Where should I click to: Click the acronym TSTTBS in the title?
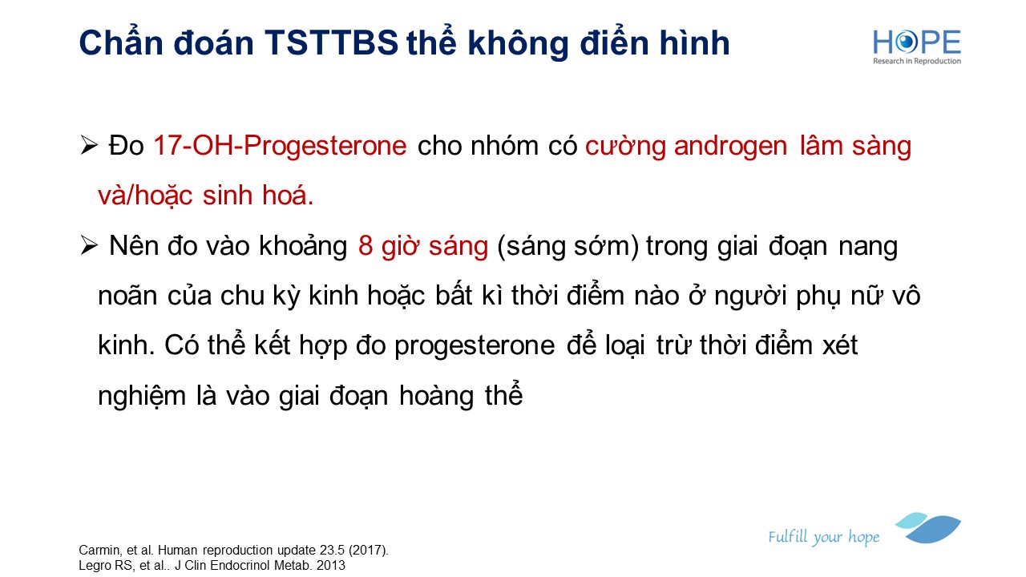pos(331,43)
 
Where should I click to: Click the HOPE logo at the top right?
pos(917,46)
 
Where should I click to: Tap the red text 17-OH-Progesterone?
pos(280,146)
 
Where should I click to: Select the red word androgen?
pos(730,147)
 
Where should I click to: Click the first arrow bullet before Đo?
pos(89,146)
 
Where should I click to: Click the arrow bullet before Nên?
pos(89,245)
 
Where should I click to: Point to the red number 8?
pos(366,246)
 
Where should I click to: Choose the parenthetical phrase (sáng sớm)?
pos(568,246)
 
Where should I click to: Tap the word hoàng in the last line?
pos(437,396)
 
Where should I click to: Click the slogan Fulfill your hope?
pos(823,537)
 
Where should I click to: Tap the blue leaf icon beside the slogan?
pos(928,527)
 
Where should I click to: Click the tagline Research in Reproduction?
pos(917,61)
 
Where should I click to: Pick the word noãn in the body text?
pos(127,296)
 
